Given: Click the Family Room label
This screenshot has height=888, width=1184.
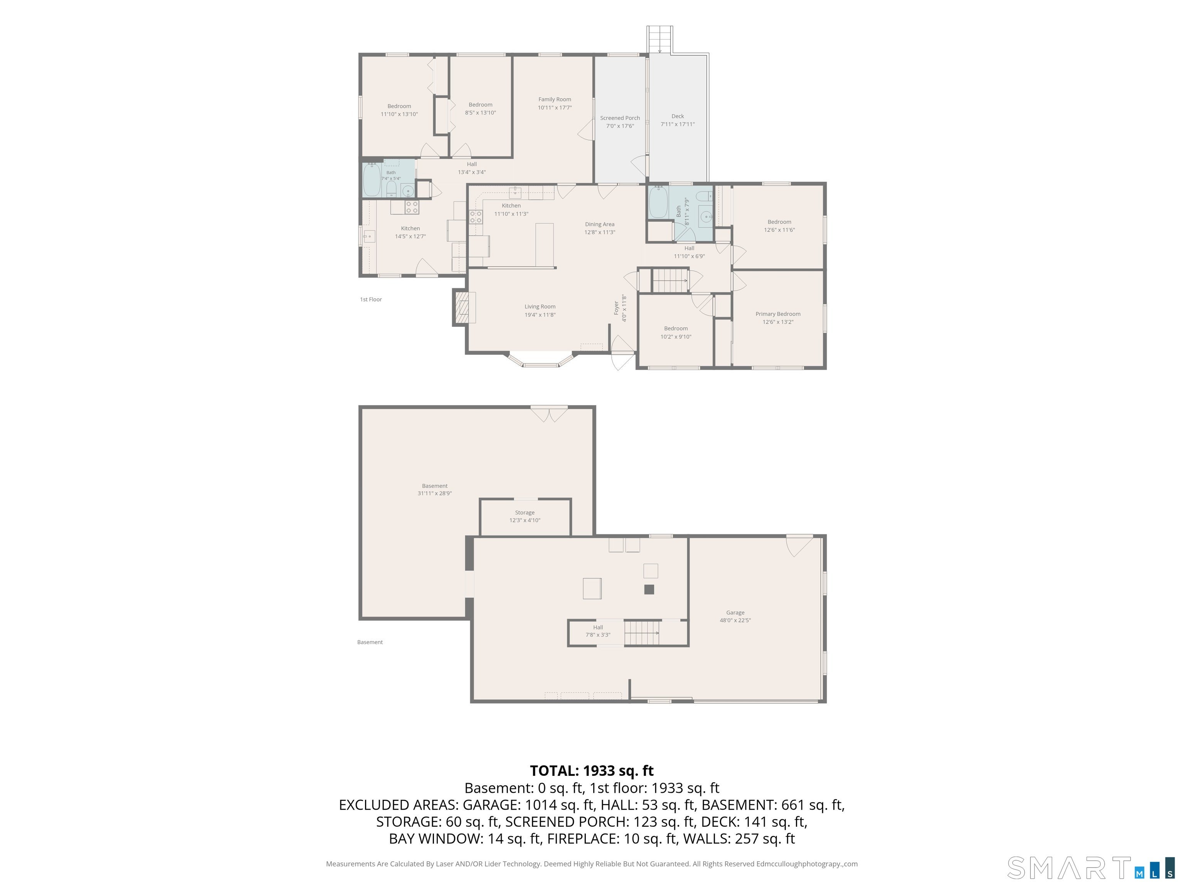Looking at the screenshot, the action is click(x=555, y=99).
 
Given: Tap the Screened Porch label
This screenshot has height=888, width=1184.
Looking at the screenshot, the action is click(x=620, y=118).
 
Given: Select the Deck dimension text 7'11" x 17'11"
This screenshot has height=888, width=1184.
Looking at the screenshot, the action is click(x=678, y=124).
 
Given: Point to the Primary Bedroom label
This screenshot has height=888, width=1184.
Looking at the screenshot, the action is click(x=778, y=314).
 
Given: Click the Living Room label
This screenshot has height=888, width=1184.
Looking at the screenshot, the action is click(x=540, y=307).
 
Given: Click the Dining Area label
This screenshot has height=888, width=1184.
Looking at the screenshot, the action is click(x=599, y=224).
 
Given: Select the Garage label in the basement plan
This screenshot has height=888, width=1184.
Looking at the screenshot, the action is click(x=735, y=612).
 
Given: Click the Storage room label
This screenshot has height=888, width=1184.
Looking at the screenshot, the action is click(x=525, y=512).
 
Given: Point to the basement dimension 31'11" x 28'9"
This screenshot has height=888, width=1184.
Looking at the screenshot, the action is click(x=435, y=493).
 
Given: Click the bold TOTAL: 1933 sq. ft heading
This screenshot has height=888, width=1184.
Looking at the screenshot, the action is click(x=592, y=771).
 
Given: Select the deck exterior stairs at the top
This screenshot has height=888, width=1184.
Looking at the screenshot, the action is click(x=659, y=39).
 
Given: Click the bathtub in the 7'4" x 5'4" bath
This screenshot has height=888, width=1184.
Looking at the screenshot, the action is click(x=372, y=180).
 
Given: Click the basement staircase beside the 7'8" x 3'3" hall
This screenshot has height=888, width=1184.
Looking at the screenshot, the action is click(x=642, y=633).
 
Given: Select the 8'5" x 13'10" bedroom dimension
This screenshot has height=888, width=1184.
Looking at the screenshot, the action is click(x=480, y=113).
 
